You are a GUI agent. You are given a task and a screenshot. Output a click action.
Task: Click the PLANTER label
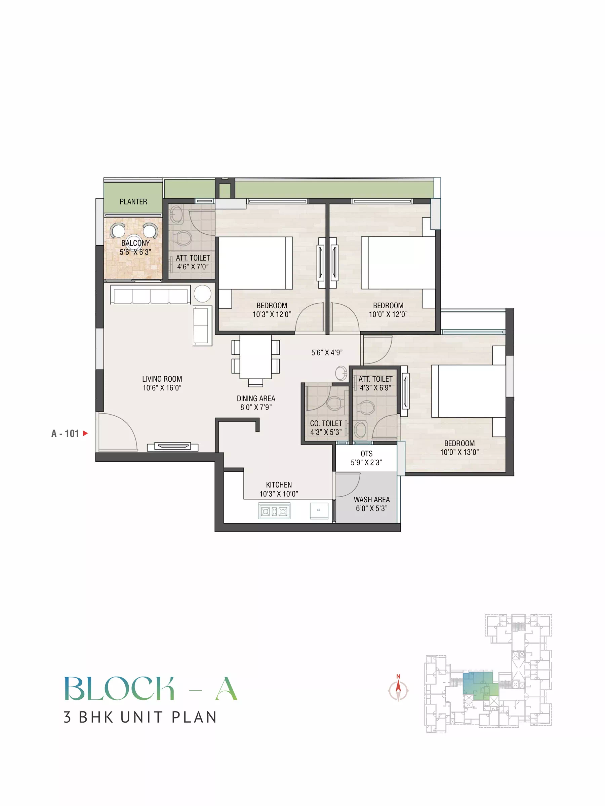coord(133,201)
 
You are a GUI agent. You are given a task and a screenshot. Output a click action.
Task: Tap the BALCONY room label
coord(135,243)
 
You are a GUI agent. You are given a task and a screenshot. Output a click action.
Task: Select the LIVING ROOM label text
coord(162,379)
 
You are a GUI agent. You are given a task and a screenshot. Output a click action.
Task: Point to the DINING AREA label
coord(256,398)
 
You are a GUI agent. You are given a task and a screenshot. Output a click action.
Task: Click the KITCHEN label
coord(279,485)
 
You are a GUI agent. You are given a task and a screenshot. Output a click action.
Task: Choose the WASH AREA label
coord(372,500)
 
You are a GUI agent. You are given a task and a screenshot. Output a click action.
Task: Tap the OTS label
coord(367,454)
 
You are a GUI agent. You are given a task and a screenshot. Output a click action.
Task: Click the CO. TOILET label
coord(326,423)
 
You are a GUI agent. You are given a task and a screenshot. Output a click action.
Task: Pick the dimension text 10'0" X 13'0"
coord(459,452)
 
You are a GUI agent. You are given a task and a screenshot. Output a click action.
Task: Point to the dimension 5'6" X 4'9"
coord(327,352)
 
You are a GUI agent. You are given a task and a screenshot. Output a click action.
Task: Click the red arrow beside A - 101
coord(86,433)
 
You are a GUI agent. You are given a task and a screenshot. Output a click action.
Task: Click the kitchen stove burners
coord(275,511)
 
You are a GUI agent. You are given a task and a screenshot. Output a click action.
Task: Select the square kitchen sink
coord(319,510)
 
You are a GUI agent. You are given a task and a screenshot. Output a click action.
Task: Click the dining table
coord(256,357)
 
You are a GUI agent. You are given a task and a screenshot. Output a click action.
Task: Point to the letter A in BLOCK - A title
coord(227,688)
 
